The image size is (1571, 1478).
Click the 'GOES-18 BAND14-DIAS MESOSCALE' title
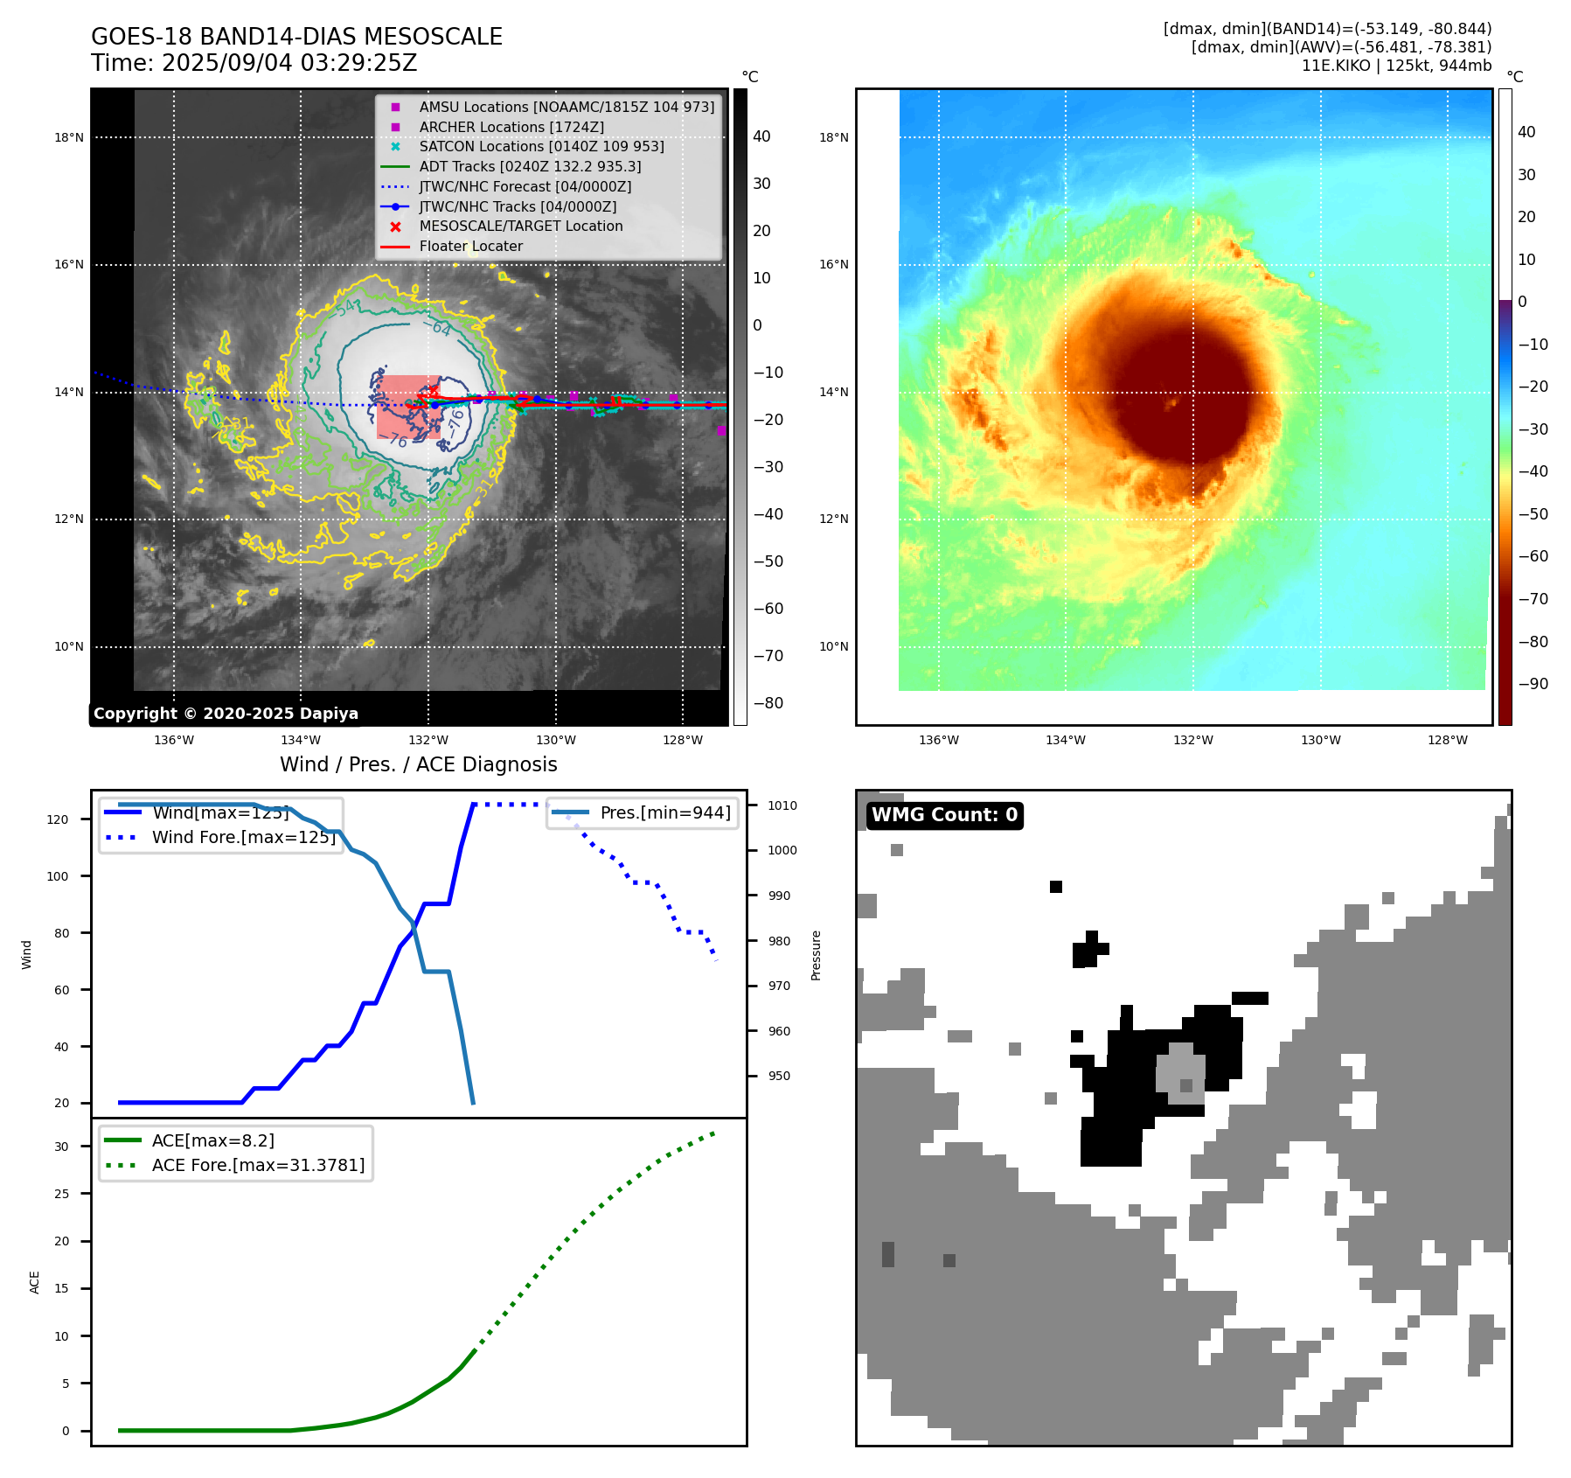point(296,37)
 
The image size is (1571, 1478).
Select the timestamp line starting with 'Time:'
point(254,63)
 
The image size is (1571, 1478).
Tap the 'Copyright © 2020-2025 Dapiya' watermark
point(226,714)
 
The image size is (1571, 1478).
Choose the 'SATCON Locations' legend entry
point(541,146)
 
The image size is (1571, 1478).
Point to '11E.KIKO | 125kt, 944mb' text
point(1396,66)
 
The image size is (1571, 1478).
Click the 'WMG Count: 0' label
point(944,815)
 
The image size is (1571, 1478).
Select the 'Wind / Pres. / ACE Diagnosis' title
point(418,764)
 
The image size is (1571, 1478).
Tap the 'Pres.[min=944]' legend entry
point(665,812)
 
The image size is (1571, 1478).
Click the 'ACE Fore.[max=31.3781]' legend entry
point(258,1165)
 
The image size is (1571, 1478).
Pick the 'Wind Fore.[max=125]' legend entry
point(243,837)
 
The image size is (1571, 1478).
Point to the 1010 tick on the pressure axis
point(782,805)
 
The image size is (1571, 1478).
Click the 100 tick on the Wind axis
point(58,876)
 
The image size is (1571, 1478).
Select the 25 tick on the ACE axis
point(61,1194)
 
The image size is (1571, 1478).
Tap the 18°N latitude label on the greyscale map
point(69,137)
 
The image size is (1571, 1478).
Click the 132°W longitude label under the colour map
point(1192,740)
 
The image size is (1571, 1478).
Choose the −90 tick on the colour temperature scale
point(1533,684)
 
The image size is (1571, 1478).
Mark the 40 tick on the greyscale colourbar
point(761,136)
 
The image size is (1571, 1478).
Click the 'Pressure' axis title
point(816,955)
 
